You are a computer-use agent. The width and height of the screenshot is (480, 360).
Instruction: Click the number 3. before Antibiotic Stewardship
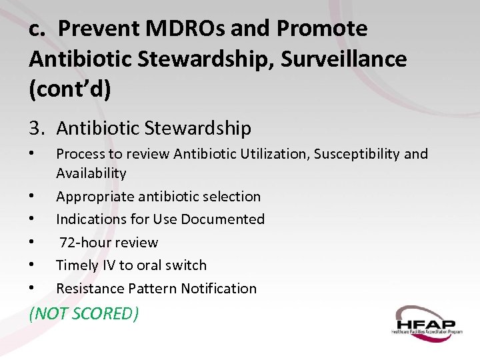(x=37, y=127)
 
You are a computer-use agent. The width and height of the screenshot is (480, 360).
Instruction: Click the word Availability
(x=91, y=173)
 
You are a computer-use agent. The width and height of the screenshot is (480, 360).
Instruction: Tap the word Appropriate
(x=94, y=197)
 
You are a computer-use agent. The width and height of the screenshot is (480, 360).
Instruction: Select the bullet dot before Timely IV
(x=33, y=265)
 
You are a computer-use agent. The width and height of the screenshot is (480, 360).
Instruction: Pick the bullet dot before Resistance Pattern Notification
(x=33, y=289)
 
